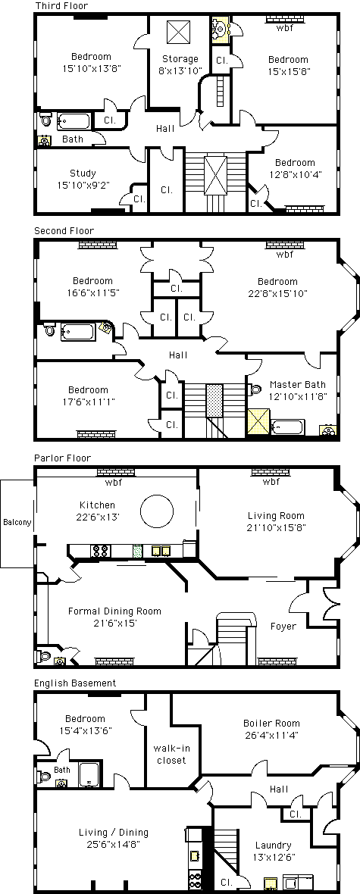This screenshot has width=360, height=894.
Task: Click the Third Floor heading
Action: pyautogui.click(x=61, y=6)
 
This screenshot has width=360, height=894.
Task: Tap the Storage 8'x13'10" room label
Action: pyautogui.click(x=180, y=64)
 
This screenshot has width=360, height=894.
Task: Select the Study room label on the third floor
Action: pyautogui.click(x=83, y=179)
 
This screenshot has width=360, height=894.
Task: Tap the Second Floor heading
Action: pyautogui.click(x=64, y=231)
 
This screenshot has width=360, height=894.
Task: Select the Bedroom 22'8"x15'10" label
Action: pyautogui.click(x=277, y=287)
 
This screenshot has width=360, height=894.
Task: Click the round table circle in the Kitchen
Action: pyautogui.click(x=158, y=511)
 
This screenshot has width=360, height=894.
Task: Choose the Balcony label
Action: pyautogui.click(x=17, y=522)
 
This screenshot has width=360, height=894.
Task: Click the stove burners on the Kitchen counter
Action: pyautogui.click(x=101, y=551)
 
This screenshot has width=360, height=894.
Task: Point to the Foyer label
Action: pyautogui.click(x=283, y=626)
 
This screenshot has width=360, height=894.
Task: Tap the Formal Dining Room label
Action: pyautogui.click(x=114, y=617)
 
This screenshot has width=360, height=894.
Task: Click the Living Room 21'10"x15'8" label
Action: pyautogui.click(x=276, y=522)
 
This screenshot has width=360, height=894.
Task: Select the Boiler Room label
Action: pyautogui.click(x=271, y=729)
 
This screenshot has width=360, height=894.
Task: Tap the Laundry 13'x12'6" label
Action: pyautogui.click(x=274, y=851)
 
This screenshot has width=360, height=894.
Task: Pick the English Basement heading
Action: pyautogui.click(x=75, y=683)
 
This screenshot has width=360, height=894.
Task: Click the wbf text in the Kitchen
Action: pyautogui.click(x=113, y=483)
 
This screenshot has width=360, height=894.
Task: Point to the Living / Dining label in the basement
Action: pyautogui.click(x=114, y=837)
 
